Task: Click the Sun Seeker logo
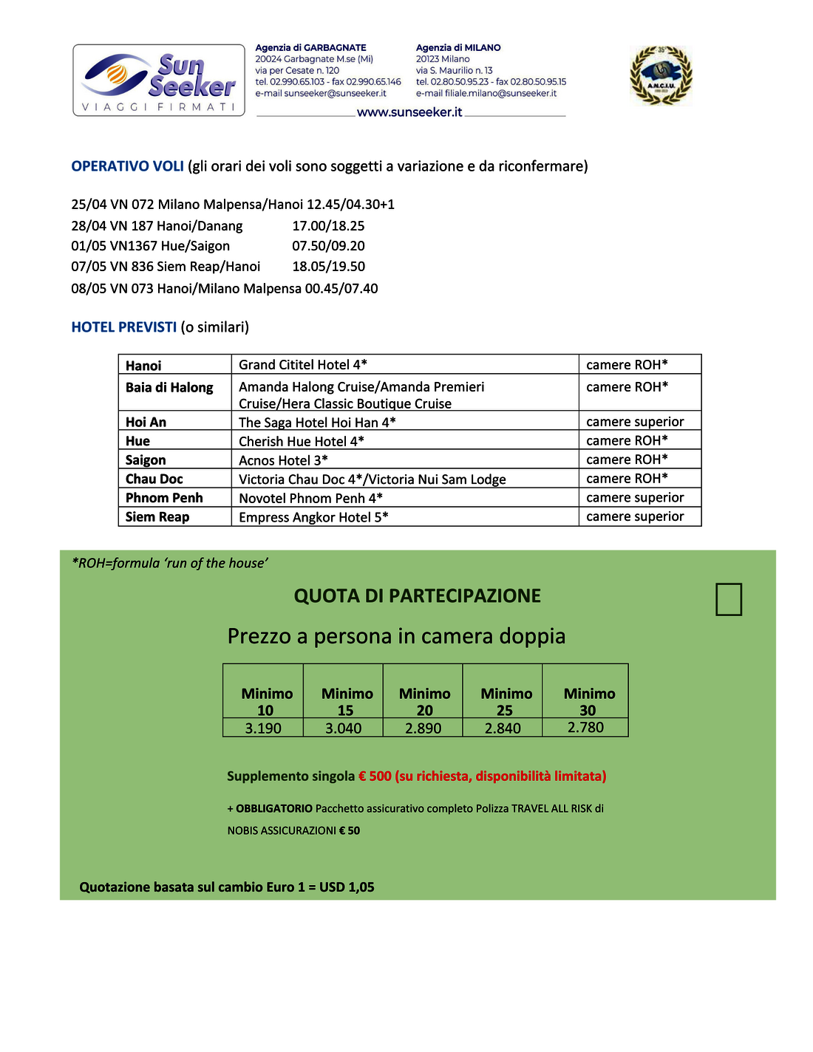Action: pos(159,80)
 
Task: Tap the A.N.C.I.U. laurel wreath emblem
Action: pos(661,75)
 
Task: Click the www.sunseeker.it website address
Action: pos(409,112)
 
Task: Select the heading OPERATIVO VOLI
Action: pos(127,166)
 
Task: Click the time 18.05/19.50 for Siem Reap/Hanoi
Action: pos(328,267)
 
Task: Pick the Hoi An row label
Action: pos(146,422)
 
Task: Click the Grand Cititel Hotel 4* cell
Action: pos(303,365)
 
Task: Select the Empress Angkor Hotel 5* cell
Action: pos(313,517)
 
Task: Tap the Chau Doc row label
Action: pos(154,479)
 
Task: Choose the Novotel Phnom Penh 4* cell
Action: pos(310,498)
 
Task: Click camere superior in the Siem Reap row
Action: pos(635,516)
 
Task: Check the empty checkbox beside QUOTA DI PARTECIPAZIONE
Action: pos(729,599)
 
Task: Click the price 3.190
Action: pos(263,728)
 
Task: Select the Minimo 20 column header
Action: pos(424,701)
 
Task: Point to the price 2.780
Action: pos(585,728)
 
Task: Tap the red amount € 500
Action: pos(375,776)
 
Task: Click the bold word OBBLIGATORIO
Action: pos(273,809)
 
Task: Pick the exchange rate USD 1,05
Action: pos(347,887)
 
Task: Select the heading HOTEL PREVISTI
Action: pos(123,327)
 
